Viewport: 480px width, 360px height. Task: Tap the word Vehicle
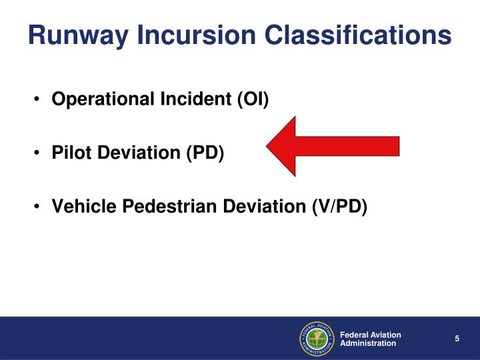coord(81,207)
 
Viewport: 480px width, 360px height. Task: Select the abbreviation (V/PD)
coord(339,207)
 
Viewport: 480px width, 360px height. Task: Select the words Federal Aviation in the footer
coord(370,334)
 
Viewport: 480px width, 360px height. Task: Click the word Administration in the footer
coord(368,343)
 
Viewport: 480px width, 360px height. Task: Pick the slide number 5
coord(457,339)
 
